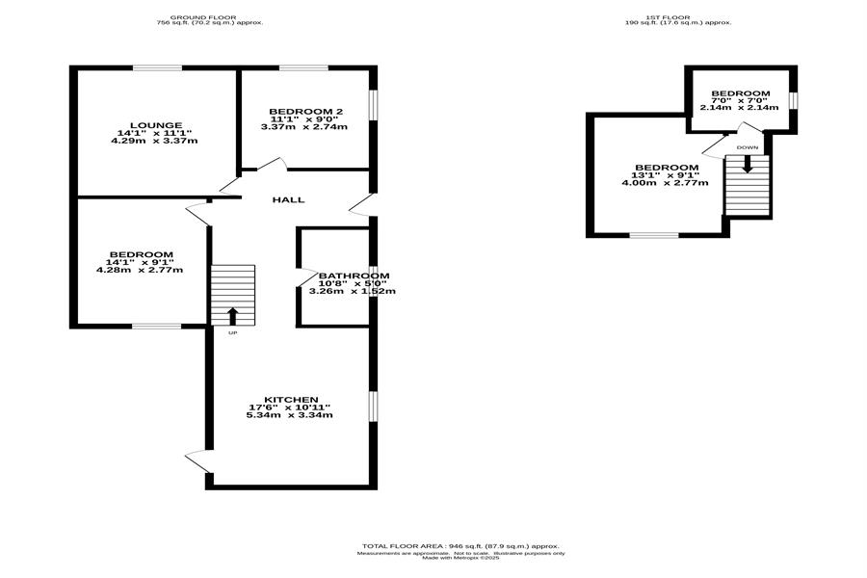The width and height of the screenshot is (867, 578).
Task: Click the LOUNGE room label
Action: [x=156, y=125]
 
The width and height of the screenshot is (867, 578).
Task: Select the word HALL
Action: [x=289, y=199]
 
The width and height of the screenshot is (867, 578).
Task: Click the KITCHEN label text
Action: [x=291, y=400]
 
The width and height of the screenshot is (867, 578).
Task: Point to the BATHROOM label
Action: [x=354, y=276]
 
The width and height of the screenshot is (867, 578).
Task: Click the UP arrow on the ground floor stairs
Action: [x=233, y=316]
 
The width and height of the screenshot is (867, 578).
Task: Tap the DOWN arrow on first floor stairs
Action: [x=747, y=165]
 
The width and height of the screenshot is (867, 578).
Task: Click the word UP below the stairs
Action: [x=233, y=333]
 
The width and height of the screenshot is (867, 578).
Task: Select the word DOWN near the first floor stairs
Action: [x=747, y=147]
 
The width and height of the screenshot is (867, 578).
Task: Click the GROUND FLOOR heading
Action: [x=203, y=17]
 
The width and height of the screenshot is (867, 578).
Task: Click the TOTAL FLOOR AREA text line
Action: [x=460, y=546]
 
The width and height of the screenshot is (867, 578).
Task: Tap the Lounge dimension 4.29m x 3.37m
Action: [x=154, y=141]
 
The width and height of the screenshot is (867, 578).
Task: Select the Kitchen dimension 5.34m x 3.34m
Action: [x=289, y=415]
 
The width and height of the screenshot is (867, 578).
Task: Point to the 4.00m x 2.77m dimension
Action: [x=665, y=182]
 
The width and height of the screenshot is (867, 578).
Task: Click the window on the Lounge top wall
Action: [x=158, y=68]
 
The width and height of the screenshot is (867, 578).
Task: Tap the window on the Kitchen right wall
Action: [x=373, y=407]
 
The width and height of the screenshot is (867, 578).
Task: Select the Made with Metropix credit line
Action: [x=460, y=558]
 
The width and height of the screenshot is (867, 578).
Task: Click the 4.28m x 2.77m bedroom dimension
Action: [x=140, y=270]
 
